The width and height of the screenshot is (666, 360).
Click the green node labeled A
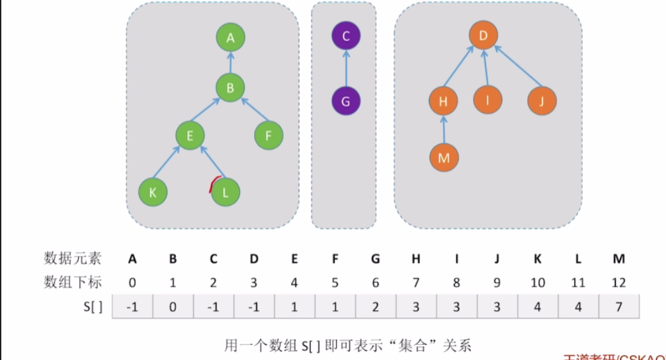[x=231, y=39]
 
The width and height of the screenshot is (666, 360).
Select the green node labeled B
[x=231, y=87]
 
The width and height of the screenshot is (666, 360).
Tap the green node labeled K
[x=153, y=192]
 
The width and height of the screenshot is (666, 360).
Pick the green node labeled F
[x=269, y=135]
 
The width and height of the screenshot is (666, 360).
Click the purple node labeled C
[x=346, y=35]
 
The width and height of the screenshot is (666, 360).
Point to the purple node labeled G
[x=346, y=102]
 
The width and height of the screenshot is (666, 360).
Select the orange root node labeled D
[x=483, y=35]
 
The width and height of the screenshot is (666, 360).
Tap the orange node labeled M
[x=444, y=158]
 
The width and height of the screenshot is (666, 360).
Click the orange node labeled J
[x=542, y=101]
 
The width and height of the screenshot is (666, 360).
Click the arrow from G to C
[x=346, y=69]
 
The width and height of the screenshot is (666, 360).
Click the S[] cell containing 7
[x=618, y=307]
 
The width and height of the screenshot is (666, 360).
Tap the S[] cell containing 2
[x=375, y=307]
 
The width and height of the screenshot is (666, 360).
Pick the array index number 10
[x=537, y=283]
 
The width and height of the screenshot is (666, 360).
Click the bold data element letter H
[x=416, y=259]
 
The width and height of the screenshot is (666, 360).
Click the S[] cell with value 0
[x=173, y=307]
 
